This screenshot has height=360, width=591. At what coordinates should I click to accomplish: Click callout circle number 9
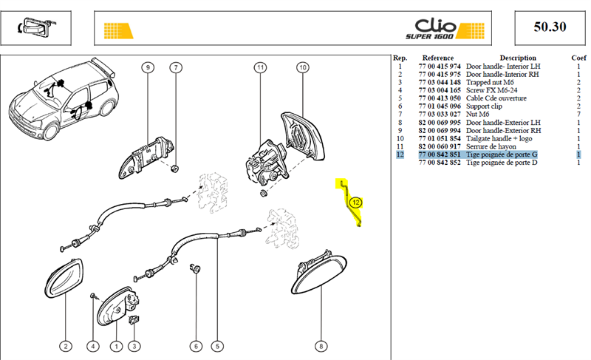coord(148,67)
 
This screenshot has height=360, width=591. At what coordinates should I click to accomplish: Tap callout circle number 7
coord(176,67)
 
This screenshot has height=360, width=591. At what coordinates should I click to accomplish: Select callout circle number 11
coord(260,67)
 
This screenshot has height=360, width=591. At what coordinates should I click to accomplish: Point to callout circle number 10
coord(303,67)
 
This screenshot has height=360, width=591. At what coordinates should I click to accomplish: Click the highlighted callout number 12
coord(355,203)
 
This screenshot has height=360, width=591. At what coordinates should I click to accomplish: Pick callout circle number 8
coord(321,346)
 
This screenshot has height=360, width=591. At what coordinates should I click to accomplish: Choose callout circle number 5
coord(217,346)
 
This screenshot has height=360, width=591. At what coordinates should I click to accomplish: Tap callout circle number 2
coord(66,346)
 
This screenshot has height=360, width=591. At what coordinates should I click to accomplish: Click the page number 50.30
coord(550,27)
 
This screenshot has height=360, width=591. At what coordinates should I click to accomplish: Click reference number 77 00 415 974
coord(440,67)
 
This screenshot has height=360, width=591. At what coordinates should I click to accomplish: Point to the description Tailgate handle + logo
coord(499,139)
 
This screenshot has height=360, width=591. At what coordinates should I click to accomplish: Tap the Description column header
coord(518,58)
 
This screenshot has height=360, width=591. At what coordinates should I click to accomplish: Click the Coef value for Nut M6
coord(578,115)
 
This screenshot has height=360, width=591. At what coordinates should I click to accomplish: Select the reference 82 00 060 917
coord(440,146)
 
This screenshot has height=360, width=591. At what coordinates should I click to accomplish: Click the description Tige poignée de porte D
coord(502,163)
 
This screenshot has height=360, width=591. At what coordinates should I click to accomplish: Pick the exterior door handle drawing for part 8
coord(319,274)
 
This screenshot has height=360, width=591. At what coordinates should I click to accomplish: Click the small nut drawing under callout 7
coord(175,168)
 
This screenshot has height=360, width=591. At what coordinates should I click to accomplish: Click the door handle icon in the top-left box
coord(35,27)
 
